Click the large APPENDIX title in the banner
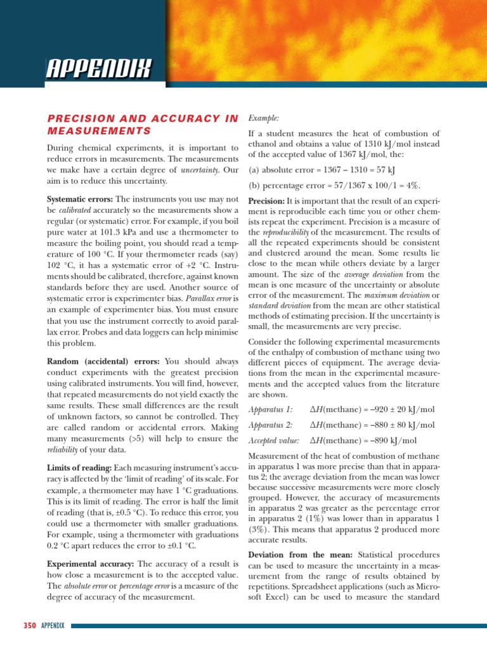coord(99,67)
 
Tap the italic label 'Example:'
coord(263,118)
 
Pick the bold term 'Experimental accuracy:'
coord(91,563)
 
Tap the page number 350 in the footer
coord(29,626)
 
